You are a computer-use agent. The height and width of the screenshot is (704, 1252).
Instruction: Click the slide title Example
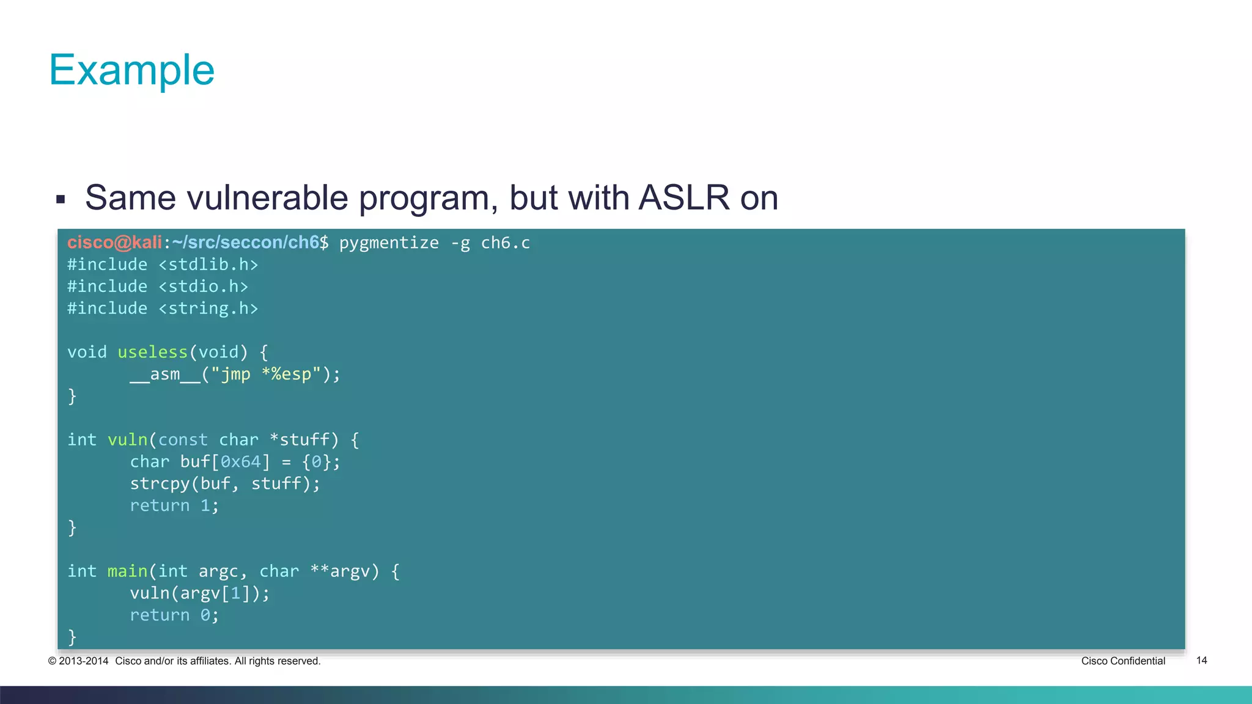click(x=131, y=70)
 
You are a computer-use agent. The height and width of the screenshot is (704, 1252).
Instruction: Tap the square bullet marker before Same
click(x=61, y=199)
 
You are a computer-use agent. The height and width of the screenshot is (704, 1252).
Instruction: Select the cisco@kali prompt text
click(x=114, y=243)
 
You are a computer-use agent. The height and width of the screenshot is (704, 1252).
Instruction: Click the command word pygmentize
click(x=389, y=243)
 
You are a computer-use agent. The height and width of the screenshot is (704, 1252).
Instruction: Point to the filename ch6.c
click(x=505, y=243)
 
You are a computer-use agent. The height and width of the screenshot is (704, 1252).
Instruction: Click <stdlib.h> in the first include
click(x=208, y=265)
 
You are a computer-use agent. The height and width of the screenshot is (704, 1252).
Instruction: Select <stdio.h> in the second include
click(x=203, y=287)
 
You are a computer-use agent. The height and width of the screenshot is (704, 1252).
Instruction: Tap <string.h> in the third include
click(x=208, y=309)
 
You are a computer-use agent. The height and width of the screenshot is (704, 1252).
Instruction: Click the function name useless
click(x=152, y=353)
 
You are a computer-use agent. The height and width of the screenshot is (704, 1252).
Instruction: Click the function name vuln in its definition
click(x=127, y=440)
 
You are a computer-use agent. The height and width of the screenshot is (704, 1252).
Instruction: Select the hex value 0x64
click(x=240, y=462)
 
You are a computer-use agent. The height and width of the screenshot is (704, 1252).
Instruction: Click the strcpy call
click(x=160, y=484)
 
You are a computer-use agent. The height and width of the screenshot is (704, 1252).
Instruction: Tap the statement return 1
click(x=174, y=506)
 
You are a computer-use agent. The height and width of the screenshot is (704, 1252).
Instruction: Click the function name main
click(x=127, y=571)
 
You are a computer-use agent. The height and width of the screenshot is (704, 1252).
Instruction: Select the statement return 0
click(x=174, y=615)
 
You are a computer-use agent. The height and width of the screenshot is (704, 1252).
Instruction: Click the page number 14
click(x=1201, y=661)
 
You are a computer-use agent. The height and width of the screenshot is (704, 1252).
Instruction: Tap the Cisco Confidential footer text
click(x=1122, y=661)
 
